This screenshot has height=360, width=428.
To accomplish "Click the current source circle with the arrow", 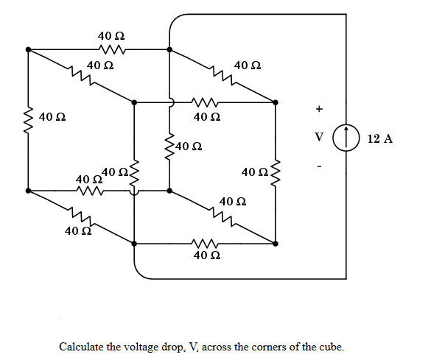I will click(345, 138).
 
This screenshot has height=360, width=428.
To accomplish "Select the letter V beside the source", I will click(318, 137).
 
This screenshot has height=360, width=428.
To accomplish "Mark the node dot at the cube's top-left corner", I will click(29, 50).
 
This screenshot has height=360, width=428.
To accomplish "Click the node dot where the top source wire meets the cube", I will click(170, 50).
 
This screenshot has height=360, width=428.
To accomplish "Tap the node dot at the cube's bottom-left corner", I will click(29, 191).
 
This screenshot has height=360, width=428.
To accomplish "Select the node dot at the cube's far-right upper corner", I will click(276, 102).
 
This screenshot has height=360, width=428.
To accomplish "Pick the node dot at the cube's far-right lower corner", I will click(276, 243).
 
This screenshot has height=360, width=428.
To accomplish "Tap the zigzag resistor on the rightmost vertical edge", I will click(276, 172).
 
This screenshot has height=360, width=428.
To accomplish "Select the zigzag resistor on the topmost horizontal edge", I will click(110, 50).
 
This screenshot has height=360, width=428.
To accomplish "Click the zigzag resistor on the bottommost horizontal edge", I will click(204, 243).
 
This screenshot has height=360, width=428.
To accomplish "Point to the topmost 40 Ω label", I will click(111, 35).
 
